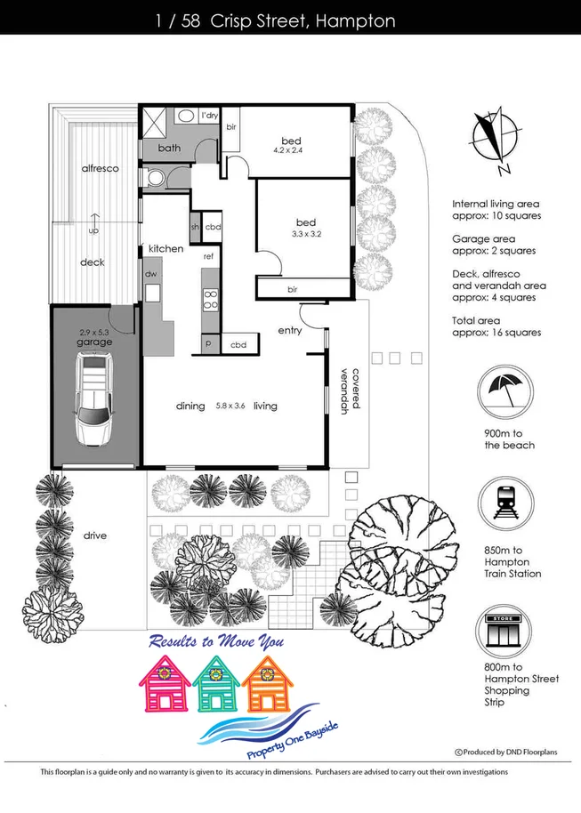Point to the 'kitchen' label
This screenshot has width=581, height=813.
[165, 248]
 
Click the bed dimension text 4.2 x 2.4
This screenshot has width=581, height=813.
[292, 152]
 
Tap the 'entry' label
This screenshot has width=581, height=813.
[290, 330]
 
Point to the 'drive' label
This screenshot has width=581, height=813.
[95, 535]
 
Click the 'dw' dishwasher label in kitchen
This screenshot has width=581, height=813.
[150, 274]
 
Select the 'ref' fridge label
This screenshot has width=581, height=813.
[209, 256]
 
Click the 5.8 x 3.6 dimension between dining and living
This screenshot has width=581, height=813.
[230, 406]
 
